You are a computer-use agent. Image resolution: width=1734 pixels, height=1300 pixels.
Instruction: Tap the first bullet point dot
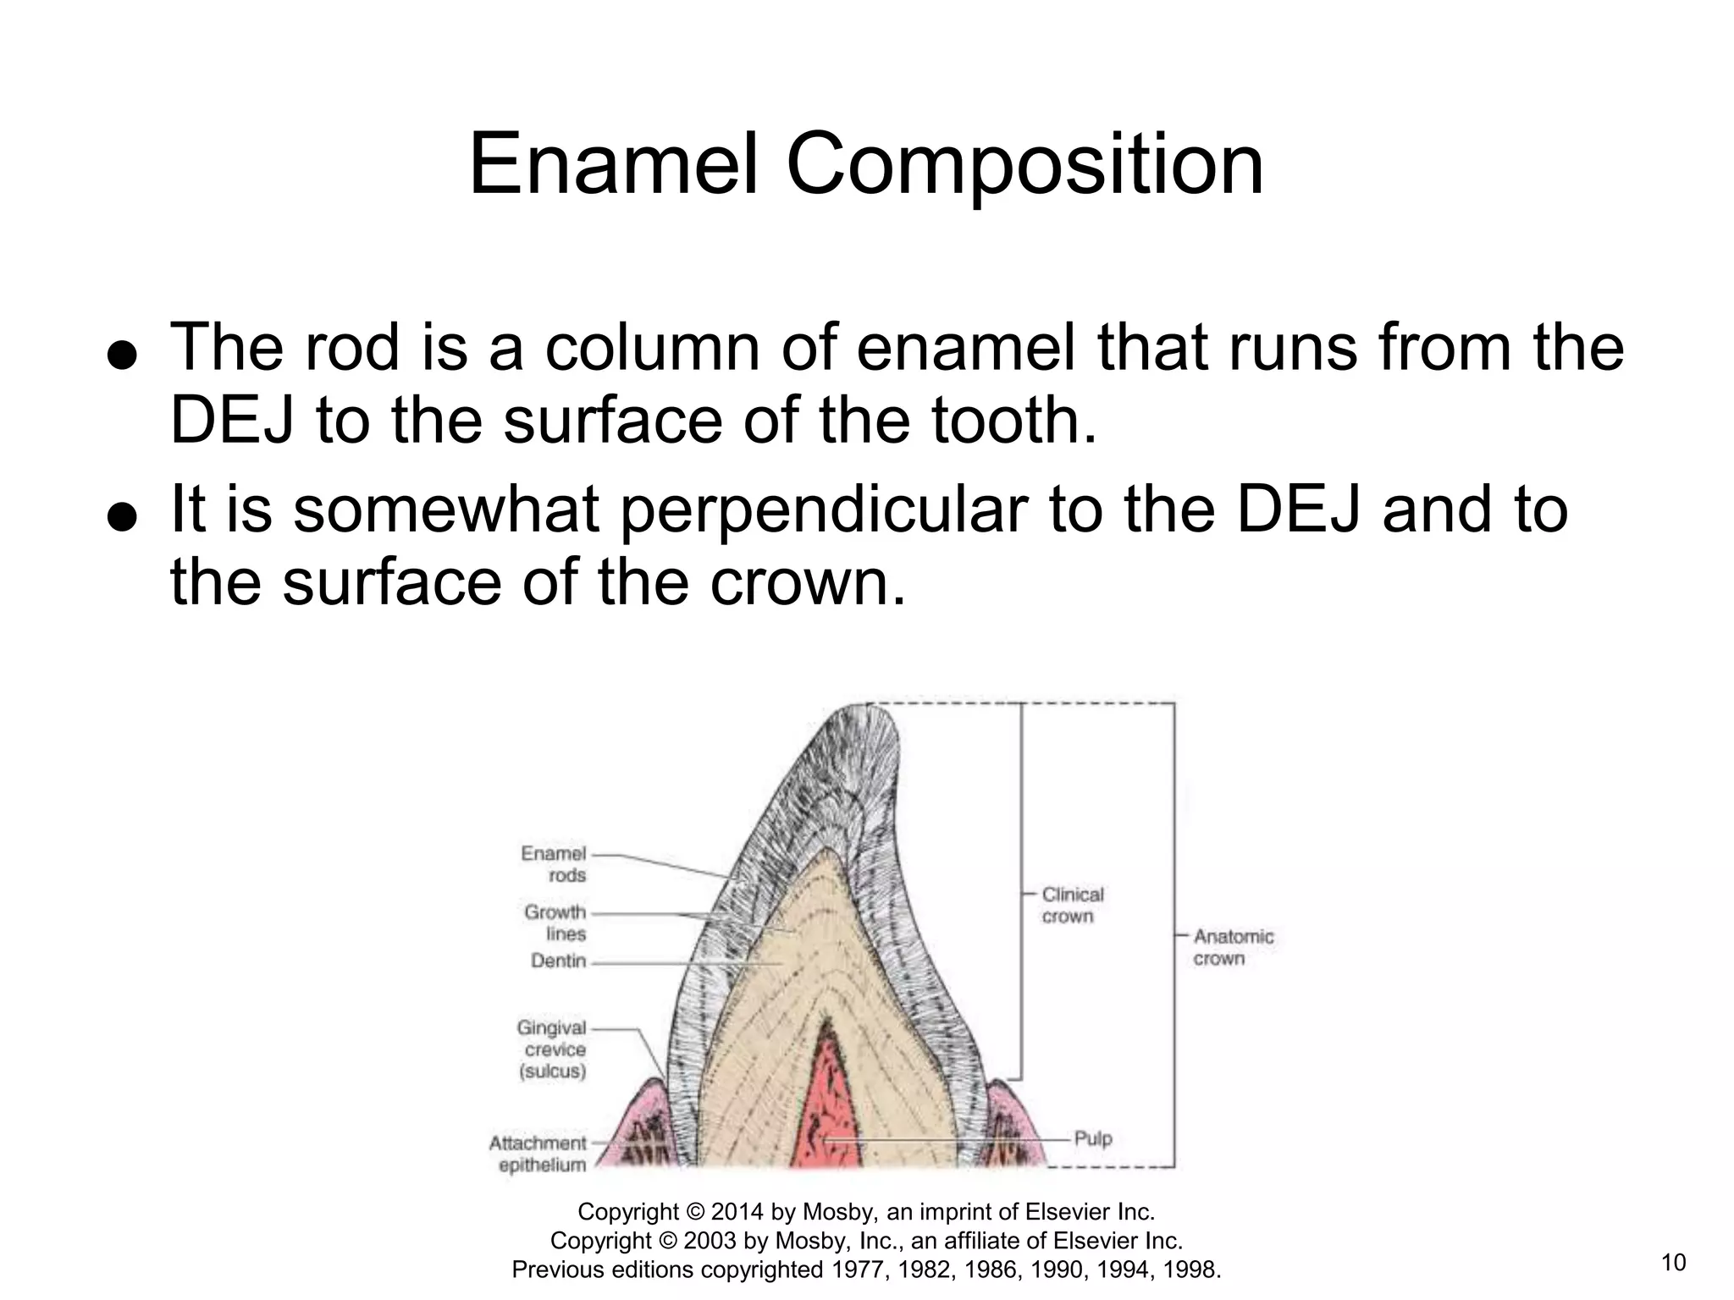[123, 355]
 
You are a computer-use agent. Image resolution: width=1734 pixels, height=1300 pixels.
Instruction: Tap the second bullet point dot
[123, 517]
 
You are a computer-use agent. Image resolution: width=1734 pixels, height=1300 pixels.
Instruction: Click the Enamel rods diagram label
[554, 864]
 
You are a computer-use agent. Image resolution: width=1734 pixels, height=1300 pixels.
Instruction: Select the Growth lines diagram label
[555, 923]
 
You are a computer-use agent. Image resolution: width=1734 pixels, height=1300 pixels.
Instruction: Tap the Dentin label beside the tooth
[558, 961]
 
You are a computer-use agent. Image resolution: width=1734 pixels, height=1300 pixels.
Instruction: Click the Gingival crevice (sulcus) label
[552, 1049]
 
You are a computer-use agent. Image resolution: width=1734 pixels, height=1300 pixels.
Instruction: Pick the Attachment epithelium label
[538, 1154]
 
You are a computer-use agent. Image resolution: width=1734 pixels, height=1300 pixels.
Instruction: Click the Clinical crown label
[1072, 905]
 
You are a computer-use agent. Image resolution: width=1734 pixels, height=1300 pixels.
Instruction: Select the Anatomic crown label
[1233, 947]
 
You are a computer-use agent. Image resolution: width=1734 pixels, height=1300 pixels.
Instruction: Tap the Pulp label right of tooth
[1092, 1138]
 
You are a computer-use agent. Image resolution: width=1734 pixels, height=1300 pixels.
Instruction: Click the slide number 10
[1673, 1263]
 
